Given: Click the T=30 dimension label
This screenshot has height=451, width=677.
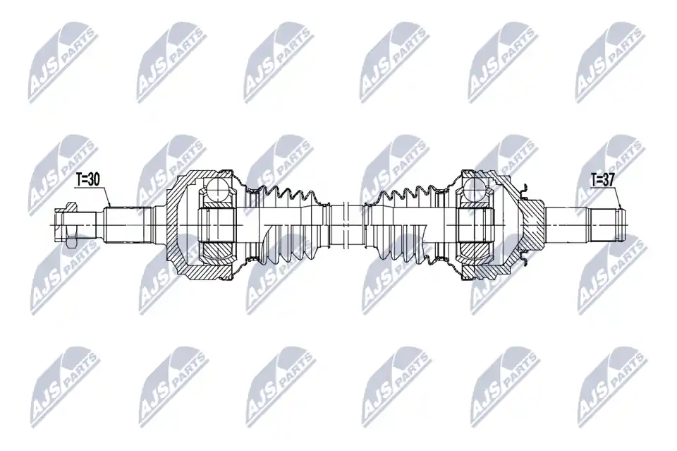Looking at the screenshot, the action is tap(87, 179).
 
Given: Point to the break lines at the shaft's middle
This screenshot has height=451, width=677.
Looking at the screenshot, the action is tap(345, 224).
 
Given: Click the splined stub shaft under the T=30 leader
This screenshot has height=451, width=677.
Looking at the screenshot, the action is tap(128, 224).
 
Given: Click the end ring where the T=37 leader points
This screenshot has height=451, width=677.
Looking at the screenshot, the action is tap(622, 224).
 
